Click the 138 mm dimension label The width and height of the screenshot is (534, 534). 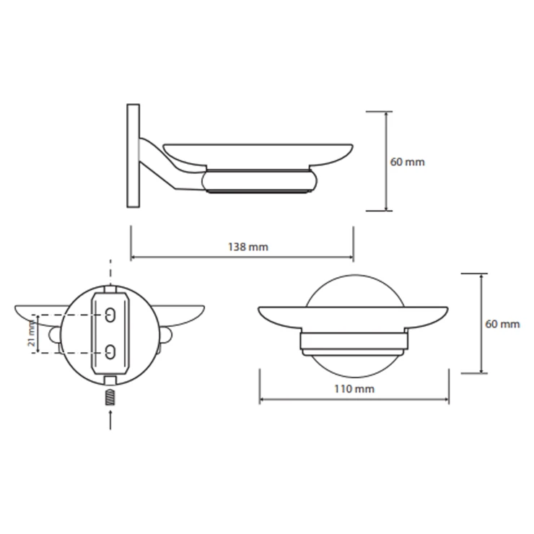point(248,247)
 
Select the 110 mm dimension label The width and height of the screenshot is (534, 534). point(354,388)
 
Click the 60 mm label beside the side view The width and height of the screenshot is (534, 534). point(407,162)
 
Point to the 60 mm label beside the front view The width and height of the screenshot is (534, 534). point(502,323)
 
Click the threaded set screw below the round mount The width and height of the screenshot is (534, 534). point(110,398)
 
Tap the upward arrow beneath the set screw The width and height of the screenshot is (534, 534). point(110,419)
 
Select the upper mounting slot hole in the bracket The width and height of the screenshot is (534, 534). point(110,315)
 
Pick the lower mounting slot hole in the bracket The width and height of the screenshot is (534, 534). point(110,352)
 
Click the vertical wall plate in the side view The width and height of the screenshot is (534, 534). point(133,156)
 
